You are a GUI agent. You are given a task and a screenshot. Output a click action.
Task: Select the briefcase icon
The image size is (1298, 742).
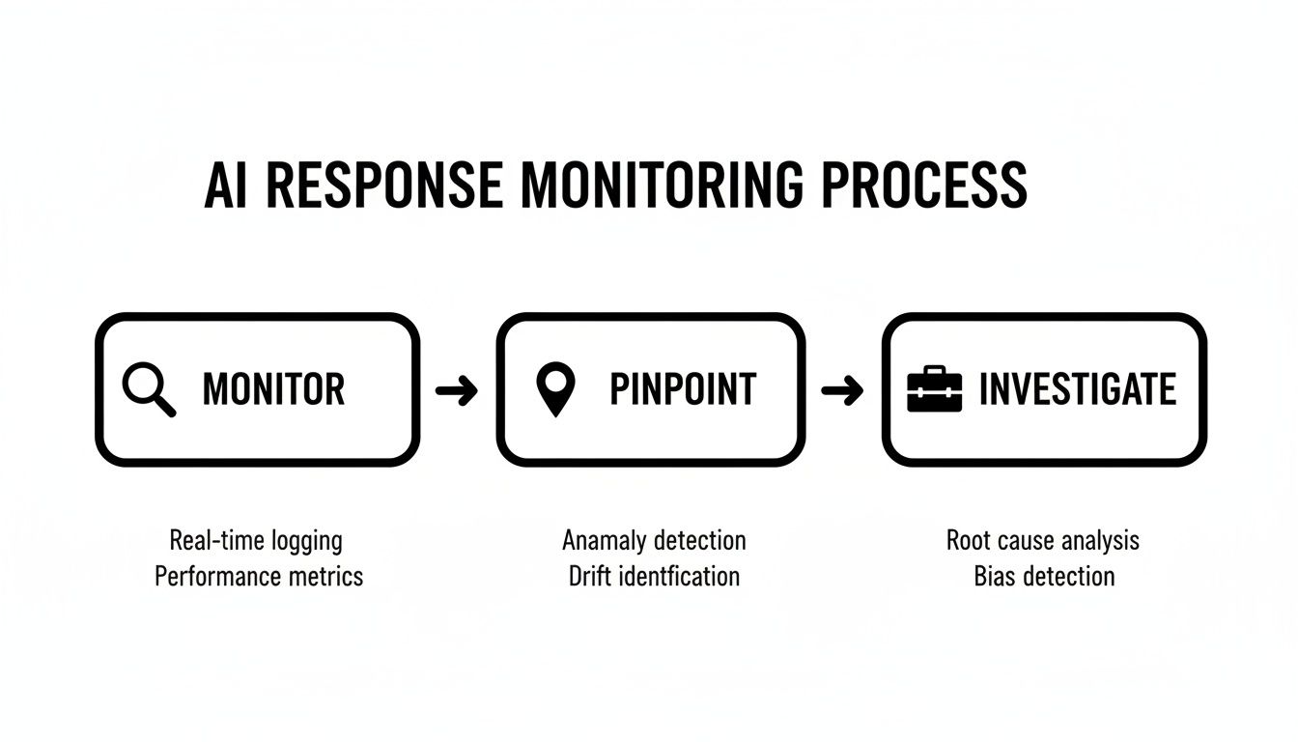(935, 389)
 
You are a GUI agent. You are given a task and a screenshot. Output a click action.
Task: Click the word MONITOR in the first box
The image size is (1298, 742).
(273, 389)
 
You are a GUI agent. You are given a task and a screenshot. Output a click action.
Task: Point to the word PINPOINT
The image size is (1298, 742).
(682, 389)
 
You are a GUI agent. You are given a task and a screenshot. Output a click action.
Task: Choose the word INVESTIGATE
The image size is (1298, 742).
(1077, 389)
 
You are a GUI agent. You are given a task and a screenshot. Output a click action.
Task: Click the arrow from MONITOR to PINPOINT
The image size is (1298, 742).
(457, 390)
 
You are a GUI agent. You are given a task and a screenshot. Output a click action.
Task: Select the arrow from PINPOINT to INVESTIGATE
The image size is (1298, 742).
(842, 390)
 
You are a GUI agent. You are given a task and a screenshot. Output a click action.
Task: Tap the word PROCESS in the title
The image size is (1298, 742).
(924, 185)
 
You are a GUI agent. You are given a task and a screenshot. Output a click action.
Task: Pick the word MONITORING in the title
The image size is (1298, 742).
(662, 185)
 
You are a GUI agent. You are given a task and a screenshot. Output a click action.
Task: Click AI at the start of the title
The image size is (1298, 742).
(226, 185)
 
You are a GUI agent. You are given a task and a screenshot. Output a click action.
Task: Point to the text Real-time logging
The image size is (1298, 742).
(256, 540)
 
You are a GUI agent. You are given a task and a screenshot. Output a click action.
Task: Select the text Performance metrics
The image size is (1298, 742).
(259, 577)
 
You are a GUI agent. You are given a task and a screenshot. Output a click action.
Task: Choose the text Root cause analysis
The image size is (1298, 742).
(1043, 540)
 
